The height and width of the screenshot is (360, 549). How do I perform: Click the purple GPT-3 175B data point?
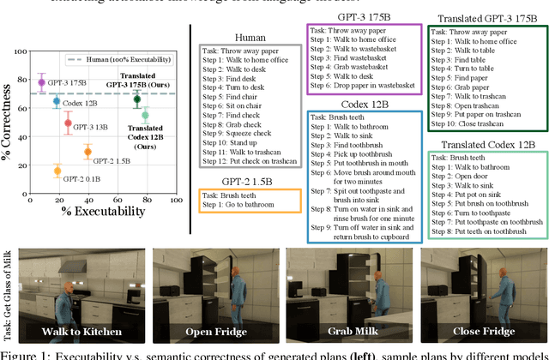click(x=41, y=82)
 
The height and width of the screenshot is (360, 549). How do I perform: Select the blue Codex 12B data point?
click(x=57, y=100)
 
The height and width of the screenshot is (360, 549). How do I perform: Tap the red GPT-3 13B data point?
click(x=69, y=123)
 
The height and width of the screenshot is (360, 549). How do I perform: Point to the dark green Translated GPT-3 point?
click(x=137, y=100)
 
